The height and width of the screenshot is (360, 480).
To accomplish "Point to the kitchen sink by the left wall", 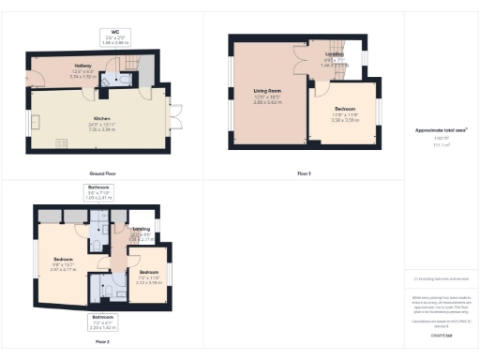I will point(37,121).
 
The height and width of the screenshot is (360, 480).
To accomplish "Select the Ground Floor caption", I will point(101,174).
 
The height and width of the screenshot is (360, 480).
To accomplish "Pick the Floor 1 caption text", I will point(304,174).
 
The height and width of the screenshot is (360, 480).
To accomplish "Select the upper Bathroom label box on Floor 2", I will point(97,191).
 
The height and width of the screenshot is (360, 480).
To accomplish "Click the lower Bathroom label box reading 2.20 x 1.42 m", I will point(103,324).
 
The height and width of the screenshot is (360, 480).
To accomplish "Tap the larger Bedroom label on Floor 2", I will point(64,259).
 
